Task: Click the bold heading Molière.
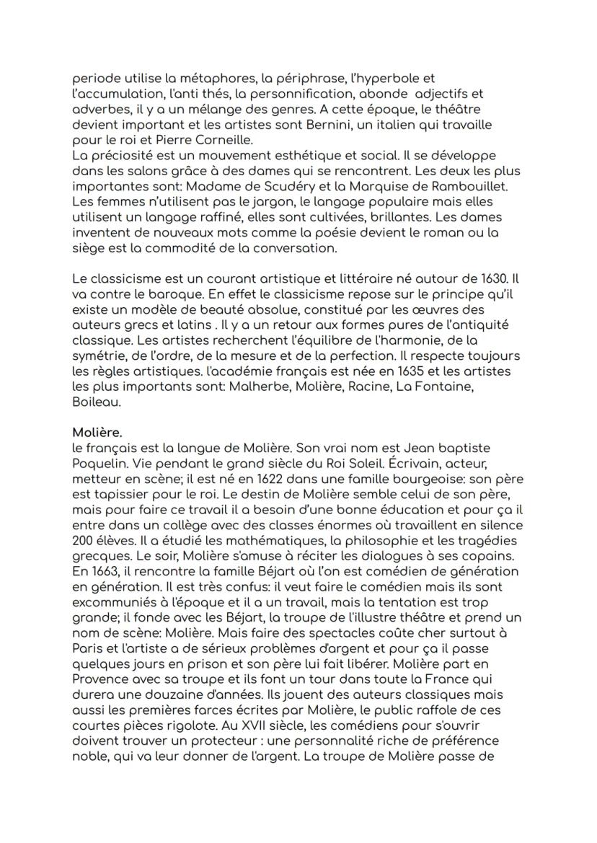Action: (x=97, y=433)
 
